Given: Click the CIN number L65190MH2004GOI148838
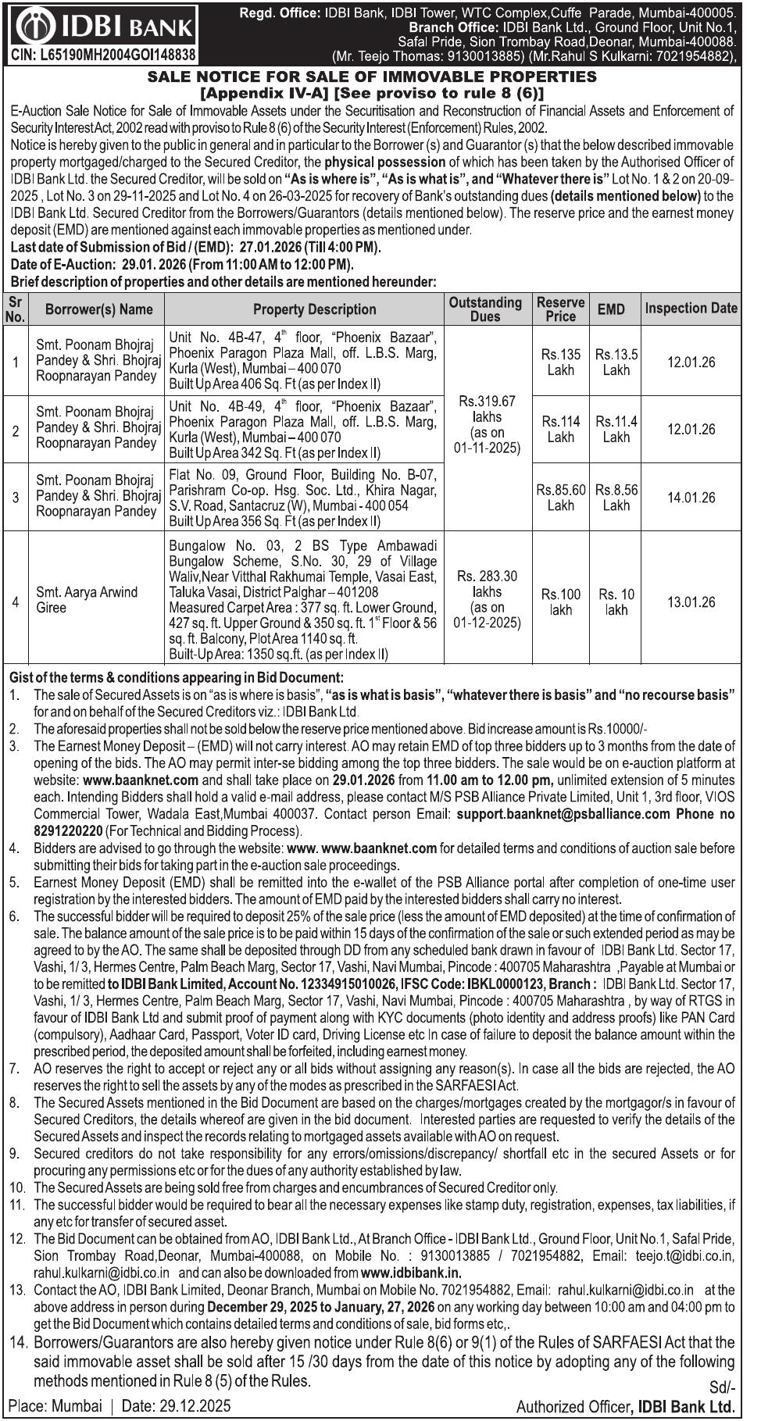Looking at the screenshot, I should [103, 55].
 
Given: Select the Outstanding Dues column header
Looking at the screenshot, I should [485, 309].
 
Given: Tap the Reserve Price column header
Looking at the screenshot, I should [560, 309].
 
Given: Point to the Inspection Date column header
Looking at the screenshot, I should [691, 308].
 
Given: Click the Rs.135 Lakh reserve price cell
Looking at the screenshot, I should [560, 362].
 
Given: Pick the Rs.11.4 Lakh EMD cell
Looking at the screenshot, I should [616, 429].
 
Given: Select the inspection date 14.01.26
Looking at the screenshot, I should [691, 498].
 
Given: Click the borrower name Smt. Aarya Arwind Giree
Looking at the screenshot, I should [87, 599].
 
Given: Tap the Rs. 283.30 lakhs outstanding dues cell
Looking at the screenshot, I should [487, 599].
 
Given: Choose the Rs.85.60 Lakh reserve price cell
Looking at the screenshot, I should [560, 498].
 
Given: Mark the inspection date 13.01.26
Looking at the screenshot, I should [691, 602].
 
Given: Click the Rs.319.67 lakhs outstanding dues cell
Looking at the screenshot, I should [487, 424].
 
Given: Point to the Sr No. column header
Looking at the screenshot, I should [15, 309].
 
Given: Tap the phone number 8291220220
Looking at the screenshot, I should [68, 830].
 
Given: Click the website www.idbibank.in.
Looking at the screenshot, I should [411, 1273].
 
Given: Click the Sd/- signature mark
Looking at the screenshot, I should [722, 1387].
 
